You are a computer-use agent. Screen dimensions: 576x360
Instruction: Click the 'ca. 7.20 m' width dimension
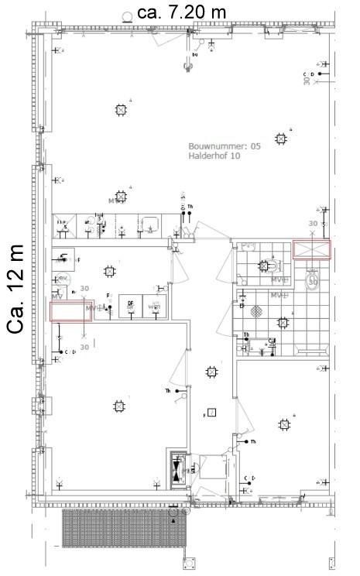point(180,12)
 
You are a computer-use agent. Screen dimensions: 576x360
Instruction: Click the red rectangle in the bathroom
point(311,249)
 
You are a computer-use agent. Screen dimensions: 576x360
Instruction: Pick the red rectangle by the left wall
point(71,311)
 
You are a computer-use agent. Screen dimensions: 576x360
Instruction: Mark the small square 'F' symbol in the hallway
point(211,413)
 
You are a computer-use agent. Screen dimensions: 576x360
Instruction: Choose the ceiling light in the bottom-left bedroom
point(118,406)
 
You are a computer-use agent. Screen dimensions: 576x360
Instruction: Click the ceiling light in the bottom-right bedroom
point(284,424)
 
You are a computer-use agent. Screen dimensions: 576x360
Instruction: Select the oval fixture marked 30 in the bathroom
point(313,279)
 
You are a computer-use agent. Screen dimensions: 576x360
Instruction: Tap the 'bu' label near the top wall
point(195,55)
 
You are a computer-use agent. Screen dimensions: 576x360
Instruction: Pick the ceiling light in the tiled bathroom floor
point(264,266)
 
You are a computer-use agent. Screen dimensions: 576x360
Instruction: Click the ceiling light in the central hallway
point(211,372)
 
